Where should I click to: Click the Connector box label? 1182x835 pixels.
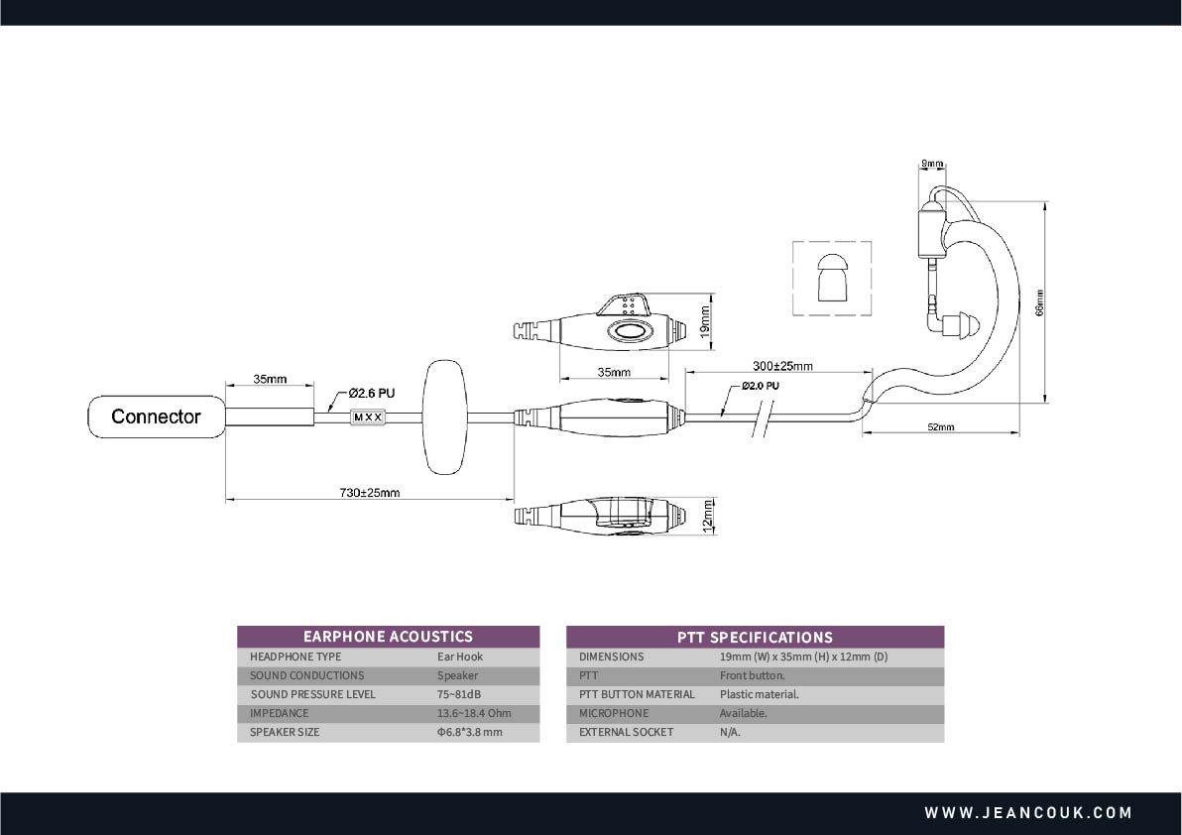[x=156, y=417]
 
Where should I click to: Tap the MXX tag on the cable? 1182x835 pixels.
[x=369, y=417]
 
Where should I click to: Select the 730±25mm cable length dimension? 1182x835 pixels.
[x=369, y=493]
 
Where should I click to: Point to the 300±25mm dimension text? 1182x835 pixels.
[x=782, y=366]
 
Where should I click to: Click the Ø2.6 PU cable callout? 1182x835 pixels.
[x=371, y=393]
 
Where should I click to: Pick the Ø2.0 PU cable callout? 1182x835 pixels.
[x=760, y=386]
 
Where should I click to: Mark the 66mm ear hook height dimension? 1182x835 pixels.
[x=1039, y=302]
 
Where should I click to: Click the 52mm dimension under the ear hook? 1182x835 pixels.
[x=941, y=427]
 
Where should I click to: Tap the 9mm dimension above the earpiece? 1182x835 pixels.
[x=932, y=163]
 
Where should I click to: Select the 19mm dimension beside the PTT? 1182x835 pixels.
[x=706, y=320]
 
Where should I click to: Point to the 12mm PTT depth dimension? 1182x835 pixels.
[x=707, y=517]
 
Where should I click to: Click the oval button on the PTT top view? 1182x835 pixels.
[x=628, y=331]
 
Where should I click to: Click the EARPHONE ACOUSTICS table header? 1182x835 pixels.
[x=389, y=636]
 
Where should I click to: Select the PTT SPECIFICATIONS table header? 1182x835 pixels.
[x=755, y=637]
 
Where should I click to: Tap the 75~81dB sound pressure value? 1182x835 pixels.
[x=459, y=694]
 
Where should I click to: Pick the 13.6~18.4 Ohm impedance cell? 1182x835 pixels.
[x=474, y=713]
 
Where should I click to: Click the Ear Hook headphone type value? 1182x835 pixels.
[x=460, y=656]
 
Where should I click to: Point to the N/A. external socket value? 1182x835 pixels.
[x=730, y=732]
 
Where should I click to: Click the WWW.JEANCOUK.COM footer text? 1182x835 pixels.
[x=1028, y=813]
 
